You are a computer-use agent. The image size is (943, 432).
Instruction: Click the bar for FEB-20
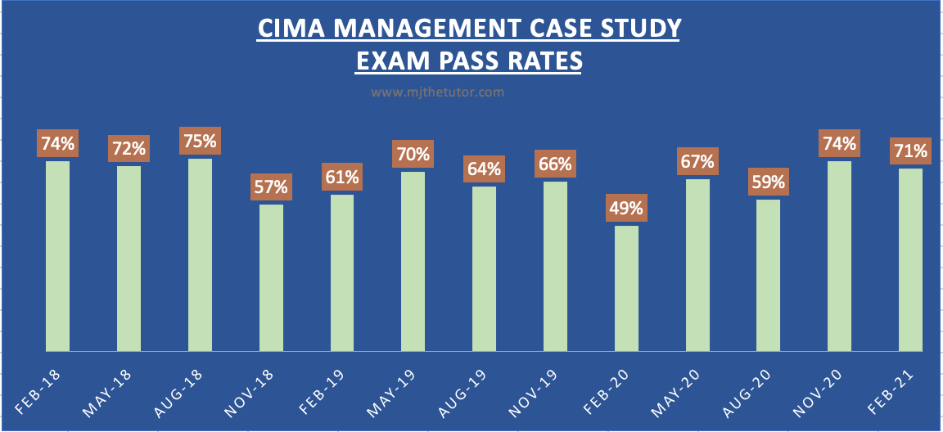pyautogui.click(x=626, y=288)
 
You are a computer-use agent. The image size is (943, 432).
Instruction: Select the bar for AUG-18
pyautogui.click(x=200, y=254)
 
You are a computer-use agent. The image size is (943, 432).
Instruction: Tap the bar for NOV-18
pyautogui.click(x=271, y=277)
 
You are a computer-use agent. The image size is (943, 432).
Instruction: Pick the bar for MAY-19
pyautogui.click(x=413, y=261)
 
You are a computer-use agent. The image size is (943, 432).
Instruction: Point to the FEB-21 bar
pyautogui.click(x=910, y=259)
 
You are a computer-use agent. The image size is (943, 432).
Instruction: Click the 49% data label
pyautogui.click(x=626, y=208)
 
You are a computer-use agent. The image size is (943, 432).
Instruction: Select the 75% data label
pyautogui.click(x=200, y=141)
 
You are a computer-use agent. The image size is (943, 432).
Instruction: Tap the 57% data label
pyautogui.click(x=271, y=187)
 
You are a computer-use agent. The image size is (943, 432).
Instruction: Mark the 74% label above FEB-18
pyautogui.click(x=58, y=144)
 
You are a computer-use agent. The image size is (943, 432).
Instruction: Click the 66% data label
pyautogui.click(x=555, y=164)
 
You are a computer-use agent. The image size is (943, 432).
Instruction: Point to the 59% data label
pyautogui.click(x=769, y=182)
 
